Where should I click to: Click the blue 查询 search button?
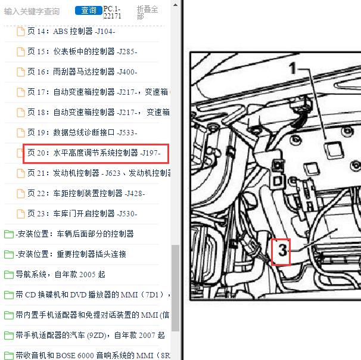pos(88,10)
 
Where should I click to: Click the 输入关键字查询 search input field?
pos(32,11)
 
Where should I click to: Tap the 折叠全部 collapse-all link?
pos(147,13)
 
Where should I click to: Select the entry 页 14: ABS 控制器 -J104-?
pos(71,32)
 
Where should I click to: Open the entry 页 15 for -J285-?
pos(82,52)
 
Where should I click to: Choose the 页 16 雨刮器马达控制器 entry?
pos(82,72)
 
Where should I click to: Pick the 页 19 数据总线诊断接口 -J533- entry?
pos(82,133)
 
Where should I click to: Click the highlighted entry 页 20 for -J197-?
pos(94,153)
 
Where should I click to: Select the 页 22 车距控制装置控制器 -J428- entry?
pos(86,194)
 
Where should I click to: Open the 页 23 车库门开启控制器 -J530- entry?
pos(82,214)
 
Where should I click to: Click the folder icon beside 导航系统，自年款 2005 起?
pos(9,275)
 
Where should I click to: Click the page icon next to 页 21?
pos(20,173)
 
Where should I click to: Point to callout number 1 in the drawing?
pos(292,68)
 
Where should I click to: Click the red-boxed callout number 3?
pos(281,252)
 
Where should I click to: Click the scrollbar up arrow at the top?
pos(175,5)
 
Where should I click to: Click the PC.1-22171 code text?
pos(112,13)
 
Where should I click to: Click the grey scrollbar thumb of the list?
pos(175,288)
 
